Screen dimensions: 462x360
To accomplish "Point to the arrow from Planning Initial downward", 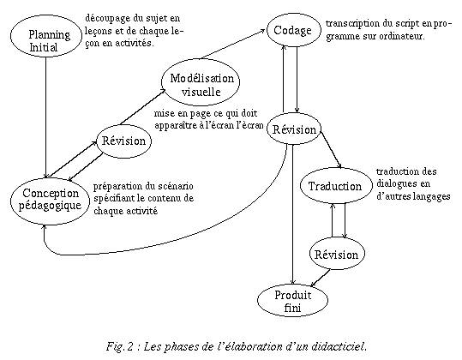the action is click(x=45, y=117).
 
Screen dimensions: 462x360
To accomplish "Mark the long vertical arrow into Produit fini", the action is click(x=292, y=214).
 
